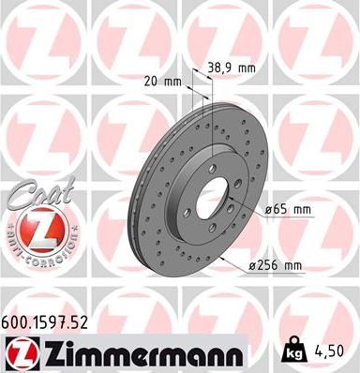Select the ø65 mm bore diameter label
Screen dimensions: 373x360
pos(288,209)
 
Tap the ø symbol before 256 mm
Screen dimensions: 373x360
pos(254,266)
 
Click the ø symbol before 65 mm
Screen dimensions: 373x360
pos(269,209)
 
